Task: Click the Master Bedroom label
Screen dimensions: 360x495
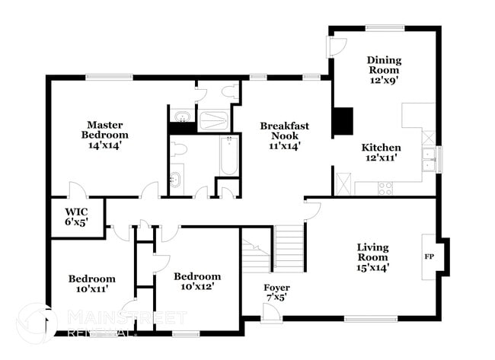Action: (x=104, y=129)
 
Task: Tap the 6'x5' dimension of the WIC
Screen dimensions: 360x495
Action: (x=76, y=224)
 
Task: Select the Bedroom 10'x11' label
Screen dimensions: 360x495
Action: (x=91, y=284)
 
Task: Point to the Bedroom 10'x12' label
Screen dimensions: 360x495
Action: (x=196, y=281)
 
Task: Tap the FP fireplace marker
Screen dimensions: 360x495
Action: (x=429, y=256)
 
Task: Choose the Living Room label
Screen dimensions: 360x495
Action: (x=373, y=257)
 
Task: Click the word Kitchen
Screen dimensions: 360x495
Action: (x=381, y=148)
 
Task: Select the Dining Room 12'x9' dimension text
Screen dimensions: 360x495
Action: (x=384, y=77)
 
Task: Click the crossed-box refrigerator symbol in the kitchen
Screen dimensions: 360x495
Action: (x=343, y=184)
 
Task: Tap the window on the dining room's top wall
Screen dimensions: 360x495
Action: (x=385, y=29)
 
